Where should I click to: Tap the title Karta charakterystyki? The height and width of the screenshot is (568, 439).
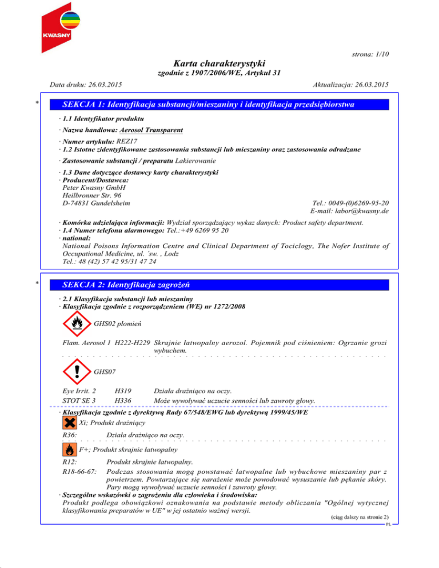point(219,63)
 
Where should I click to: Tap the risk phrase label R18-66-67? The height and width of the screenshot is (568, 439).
point(79,471)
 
